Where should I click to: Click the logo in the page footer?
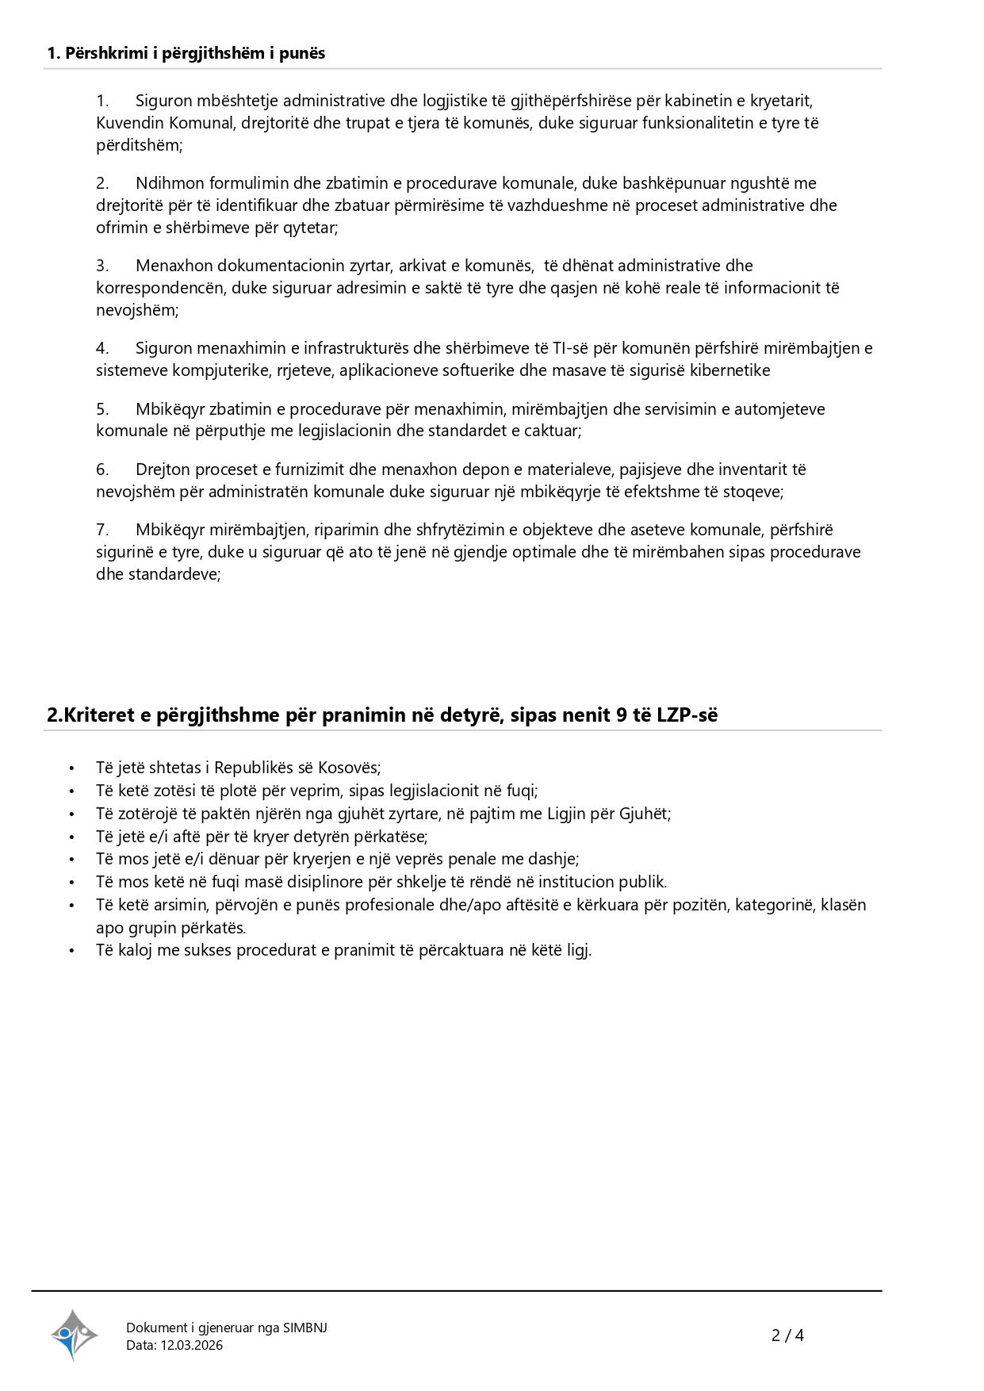[75, 1335]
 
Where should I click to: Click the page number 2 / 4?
[787, 1335]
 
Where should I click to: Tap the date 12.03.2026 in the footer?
[191, 1345]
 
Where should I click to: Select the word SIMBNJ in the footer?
[304, 1328]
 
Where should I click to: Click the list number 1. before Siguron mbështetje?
[102, 101]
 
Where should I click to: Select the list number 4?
[102, 348]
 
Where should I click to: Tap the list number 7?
[102, 530]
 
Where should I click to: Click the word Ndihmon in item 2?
[166, 183]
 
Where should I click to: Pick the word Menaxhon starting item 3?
[174, 266]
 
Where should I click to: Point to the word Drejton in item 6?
[163, 469]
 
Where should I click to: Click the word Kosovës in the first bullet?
[349, 768]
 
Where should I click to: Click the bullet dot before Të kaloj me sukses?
[71, 951]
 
